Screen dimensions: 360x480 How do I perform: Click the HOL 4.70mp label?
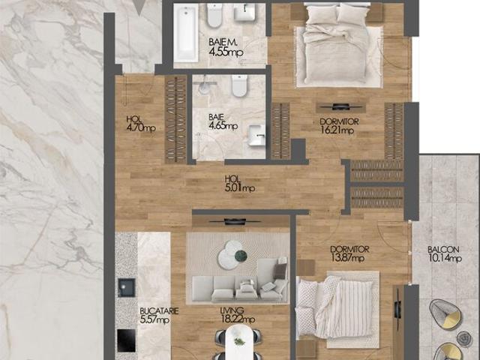point(140,123)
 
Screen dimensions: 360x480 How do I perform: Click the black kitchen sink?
point(126,288)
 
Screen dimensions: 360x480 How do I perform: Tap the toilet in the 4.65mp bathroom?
point(239,88)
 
